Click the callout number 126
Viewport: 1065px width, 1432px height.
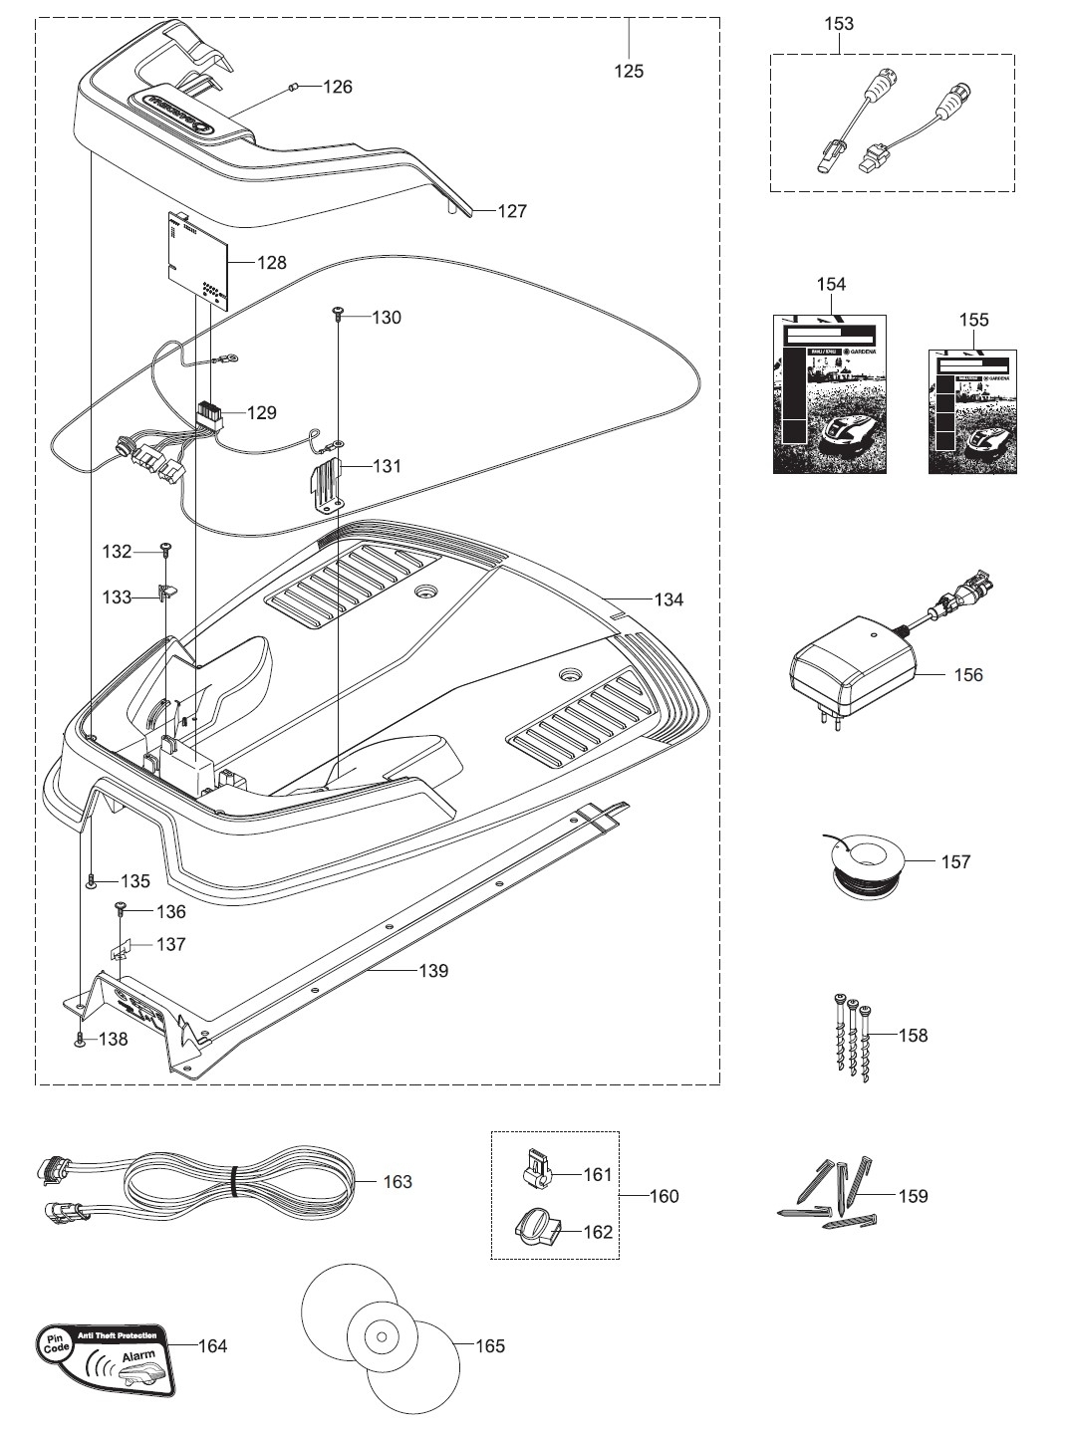(x=338, y=87)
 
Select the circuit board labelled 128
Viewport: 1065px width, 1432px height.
(x=196, y=260)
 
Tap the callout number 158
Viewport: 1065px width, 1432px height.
(x=913, y=1036)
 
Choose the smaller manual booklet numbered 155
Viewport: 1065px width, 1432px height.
(x=973, y=411)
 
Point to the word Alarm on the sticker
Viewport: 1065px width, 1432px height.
(x=138, y=1357)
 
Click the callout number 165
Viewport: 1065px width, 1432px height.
(x=489, y=1346)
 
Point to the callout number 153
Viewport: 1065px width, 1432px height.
(x=840, y=23)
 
